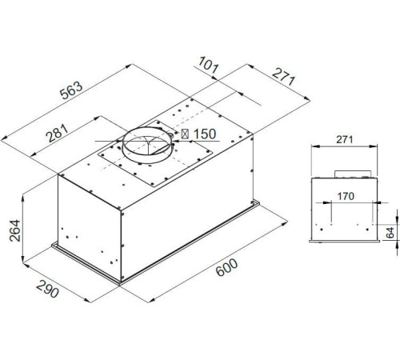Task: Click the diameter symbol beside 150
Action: coord(186,134)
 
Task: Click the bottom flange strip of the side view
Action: coord(344,242)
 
